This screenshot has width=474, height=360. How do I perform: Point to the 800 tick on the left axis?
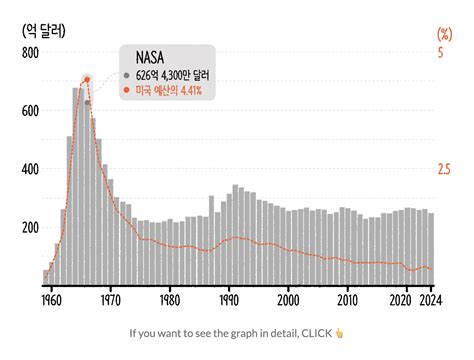tap(30, 52)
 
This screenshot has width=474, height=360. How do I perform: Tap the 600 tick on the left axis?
tap(30, 111)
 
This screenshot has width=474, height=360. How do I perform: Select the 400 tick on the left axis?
tap(30, 169)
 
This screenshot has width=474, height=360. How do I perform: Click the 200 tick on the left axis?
tap(30, 228)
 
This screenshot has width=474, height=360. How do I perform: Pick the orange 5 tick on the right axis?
tap(441, 52)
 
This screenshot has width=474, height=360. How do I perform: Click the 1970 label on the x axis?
tap(110, 299)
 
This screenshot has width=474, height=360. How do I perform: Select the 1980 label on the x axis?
tap(169, 299)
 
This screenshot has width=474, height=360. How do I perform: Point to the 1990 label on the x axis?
tap(229, 299)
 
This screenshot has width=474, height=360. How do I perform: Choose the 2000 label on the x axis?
tap(288, 299)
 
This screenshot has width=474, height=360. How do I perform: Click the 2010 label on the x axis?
tap(348, 299)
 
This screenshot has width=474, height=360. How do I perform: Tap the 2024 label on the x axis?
tap(431, 299)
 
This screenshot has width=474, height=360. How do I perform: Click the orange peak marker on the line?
tap(87, 79)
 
